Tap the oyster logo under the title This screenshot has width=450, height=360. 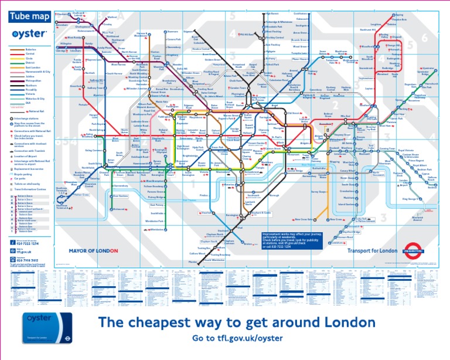pos(26,34)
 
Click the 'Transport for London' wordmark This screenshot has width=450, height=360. pos(368,251)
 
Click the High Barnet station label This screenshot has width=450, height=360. pos(272,13)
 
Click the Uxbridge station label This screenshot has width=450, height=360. pos(62,50)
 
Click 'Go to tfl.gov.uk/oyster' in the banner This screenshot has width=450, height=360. pos(237,339)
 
